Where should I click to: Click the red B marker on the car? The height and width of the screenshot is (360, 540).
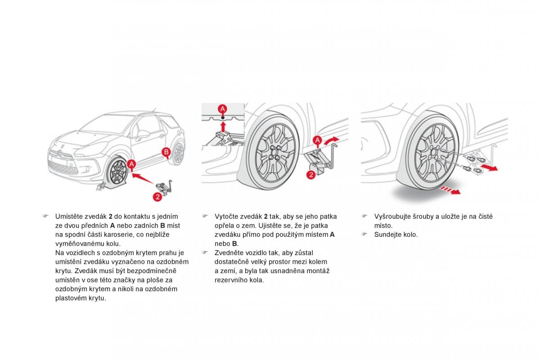point(166,152)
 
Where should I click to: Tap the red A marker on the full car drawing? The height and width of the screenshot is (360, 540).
point(131,165)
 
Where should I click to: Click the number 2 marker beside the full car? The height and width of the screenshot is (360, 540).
point(157,196)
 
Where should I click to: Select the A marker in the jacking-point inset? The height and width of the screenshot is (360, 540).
point(223,109)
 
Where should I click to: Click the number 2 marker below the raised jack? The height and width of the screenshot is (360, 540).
point(311,175)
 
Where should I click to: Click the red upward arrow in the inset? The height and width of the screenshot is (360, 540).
point(223,126)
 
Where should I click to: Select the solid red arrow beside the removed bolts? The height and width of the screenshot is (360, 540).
point(488,167)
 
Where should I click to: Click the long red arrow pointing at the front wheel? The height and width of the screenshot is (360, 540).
point(148,177)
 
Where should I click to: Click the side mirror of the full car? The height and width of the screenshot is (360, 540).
point(143,134)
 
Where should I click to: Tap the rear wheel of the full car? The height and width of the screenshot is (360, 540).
point(179,153)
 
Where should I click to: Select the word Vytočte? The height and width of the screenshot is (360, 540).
point(227,216)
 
